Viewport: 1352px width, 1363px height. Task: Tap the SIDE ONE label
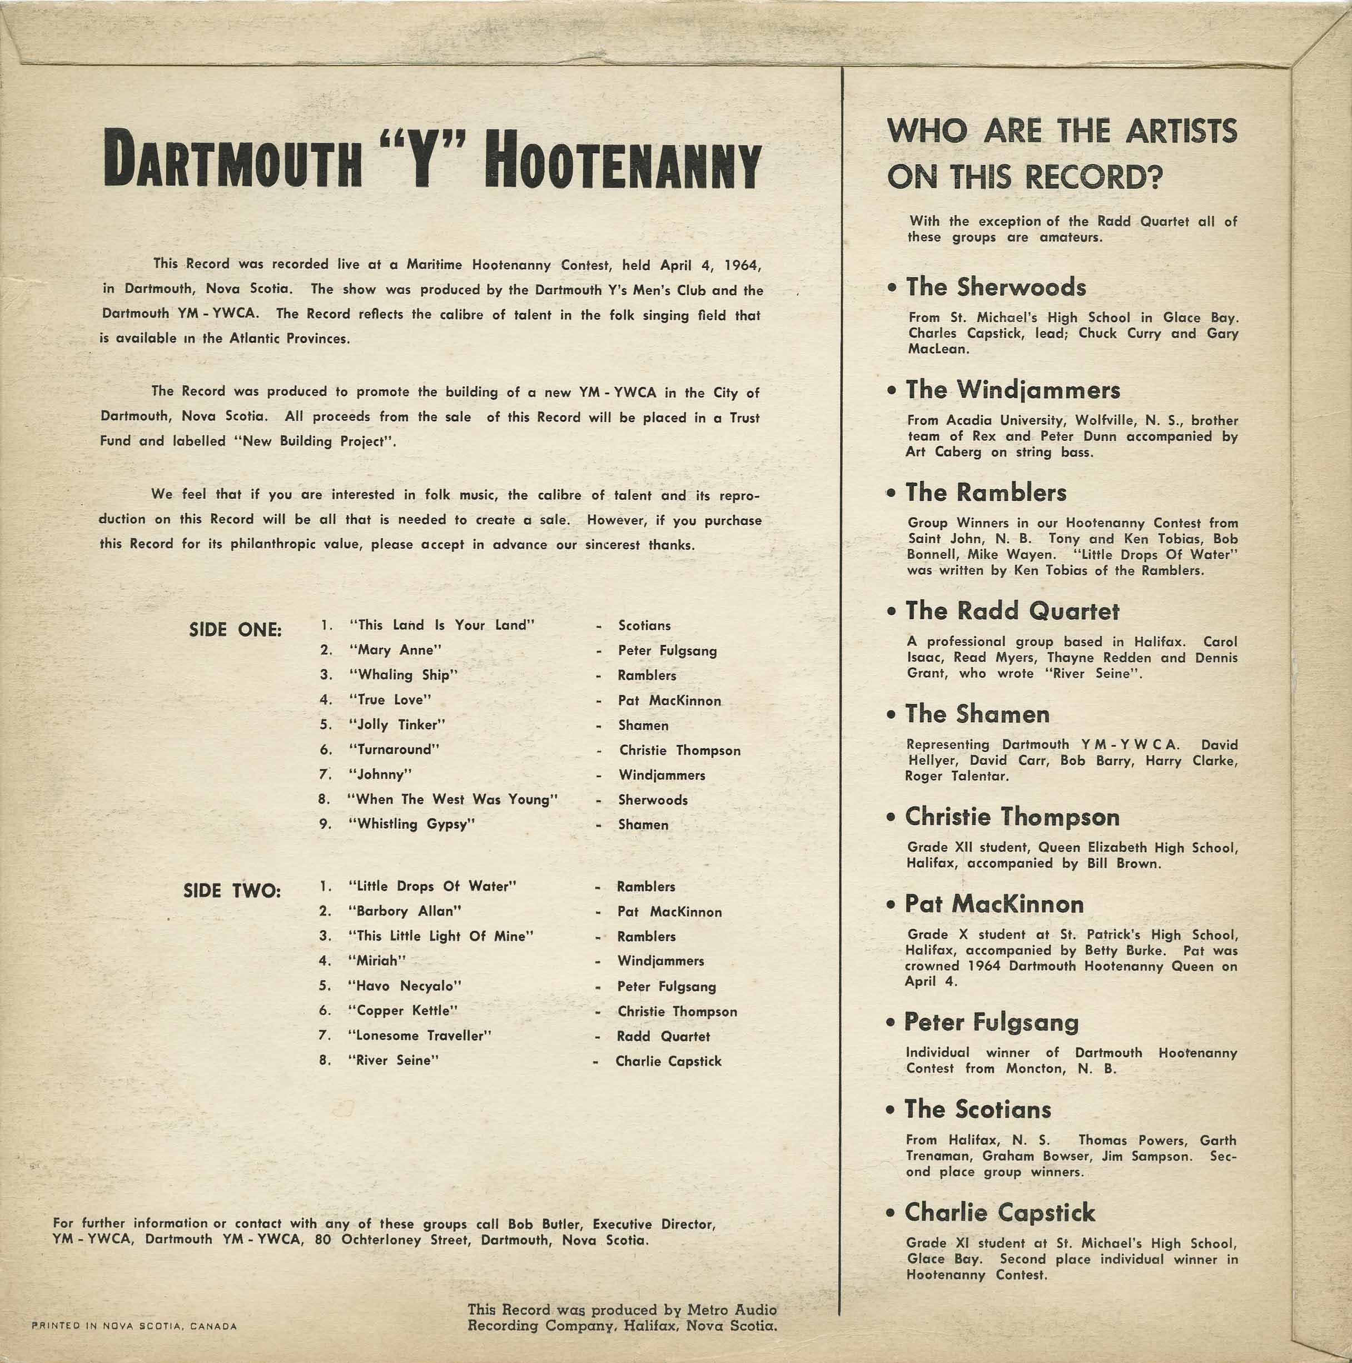(x=235, y=630)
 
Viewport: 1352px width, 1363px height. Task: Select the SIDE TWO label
(x=232, y=891)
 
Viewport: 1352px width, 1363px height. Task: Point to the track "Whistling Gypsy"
(x=412, y=824)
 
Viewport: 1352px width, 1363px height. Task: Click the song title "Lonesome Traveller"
(x=420, y=1036)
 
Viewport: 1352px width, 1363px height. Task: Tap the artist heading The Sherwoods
(x=996, y=287)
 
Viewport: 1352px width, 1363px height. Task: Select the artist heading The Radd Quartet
(x=1012, y=611)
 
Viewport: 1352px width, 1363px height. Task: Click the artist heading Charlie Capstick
(x=999, y=1213)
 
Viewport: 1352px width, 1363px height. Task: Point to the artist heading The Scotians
(x=978, y=1110)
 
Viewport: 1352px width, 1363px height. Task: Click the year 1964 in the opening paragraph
(x=744, y=266)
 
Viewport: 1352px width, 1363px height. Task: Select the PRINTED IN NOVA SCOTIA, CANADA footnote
(x=135, y=1326)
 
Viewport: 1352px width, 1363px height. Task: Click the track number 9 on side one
(x=325, y=824)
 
